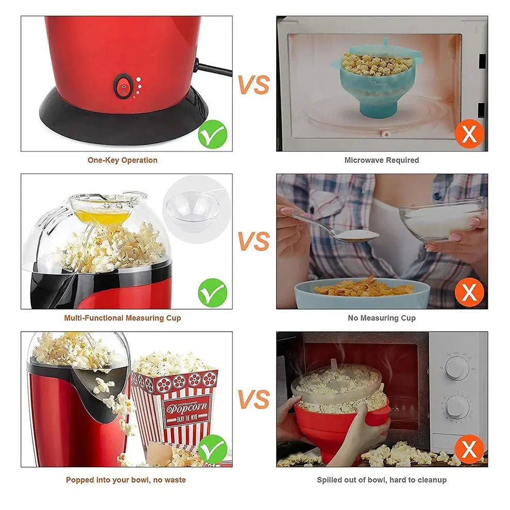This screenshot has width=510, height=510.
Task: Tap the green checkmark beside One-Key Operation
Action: click(212, 134)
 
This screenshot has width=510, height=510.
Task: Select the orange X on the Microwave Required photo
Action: click(469, 134)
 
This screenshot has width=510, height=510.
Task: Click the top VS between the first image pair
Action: click(253, 84)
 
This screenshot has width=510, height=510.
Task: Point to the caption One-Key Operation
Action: click(122, 160)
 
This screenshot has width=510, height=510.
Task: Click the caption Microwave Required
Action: click(381, 160)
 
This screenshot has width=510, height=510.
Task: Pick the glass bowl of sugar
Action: click(441, 220)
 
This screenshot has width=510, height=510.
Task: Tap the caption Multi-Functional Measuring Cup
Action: click(122, 318)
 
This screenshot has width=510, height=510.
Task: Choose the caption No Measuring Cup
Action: click(381, 318)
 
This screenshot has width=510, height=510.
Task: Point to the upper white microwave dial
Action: click(457, 368)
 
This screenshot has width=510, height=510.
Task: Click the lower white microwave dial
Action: click(457, 407)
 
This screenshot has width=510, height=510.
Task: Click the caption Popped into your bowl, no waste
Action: click(126, 480)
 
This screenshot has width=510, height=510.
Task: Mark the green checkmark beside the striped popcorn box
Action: click(212, 448)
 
